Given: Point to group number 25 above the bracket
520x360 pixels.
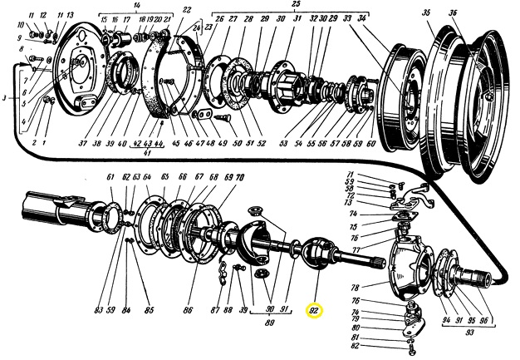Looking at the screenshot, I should [271, 5].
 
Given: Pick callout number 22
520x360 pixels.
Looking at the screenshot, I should [187, 10].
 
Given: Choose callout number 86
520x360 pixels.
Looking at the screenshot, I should [188, 311].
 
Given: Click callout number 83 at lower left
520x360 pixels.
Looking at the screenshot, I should [98, 312].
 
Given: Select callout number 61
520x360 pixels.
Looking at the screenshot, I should [110, 177].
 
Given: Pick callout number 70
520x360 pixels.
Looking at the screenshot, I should [240, 177].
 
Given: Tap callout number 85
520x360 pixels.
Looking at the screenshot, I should [149, 312].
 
